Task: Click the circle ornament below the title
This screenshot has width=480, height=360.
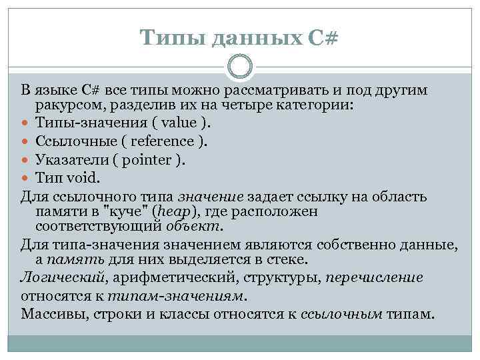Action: point(240,67)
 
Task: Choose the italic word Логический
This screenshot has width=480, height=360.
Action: point(61,277)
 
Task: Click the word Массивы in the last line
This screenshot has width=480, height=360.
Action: point(51,313)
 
